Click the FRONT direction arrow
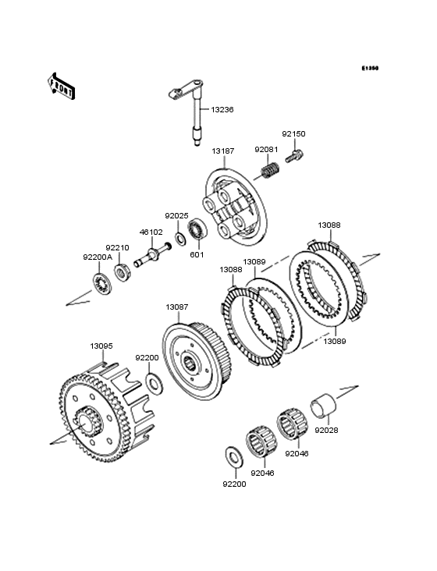pyautogui.click(x=61, y=86)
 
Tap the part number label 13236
pyautogui.click(x=222, y=110)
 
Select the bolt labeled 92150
pyautogui.click(x=294, y=157)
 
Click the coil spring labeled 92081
pyautogui.click(x=270, y=170)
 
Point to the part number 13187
pyautogui.click(x=223, y=151)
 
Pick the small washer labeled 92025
pyautogui.click(x=180, y=238)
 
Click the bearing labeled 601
pyautogui.click(x=197, y=229)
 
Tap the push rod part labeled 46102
pyautogui.click(x=153, y=254)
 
